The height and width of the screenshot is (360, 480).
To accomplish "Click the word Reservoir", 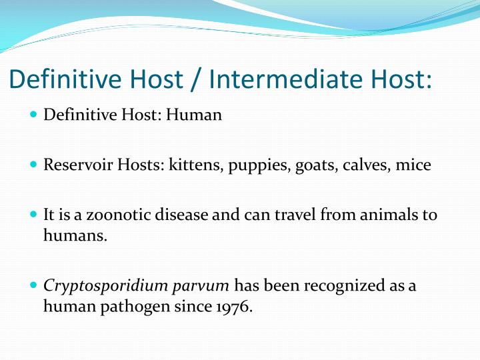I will (72, 165).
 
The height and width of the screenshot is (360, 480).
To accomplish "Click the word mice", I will (413, 165).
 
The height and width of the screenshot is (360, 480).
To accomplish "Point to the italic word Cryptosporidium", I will (91, 287).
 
